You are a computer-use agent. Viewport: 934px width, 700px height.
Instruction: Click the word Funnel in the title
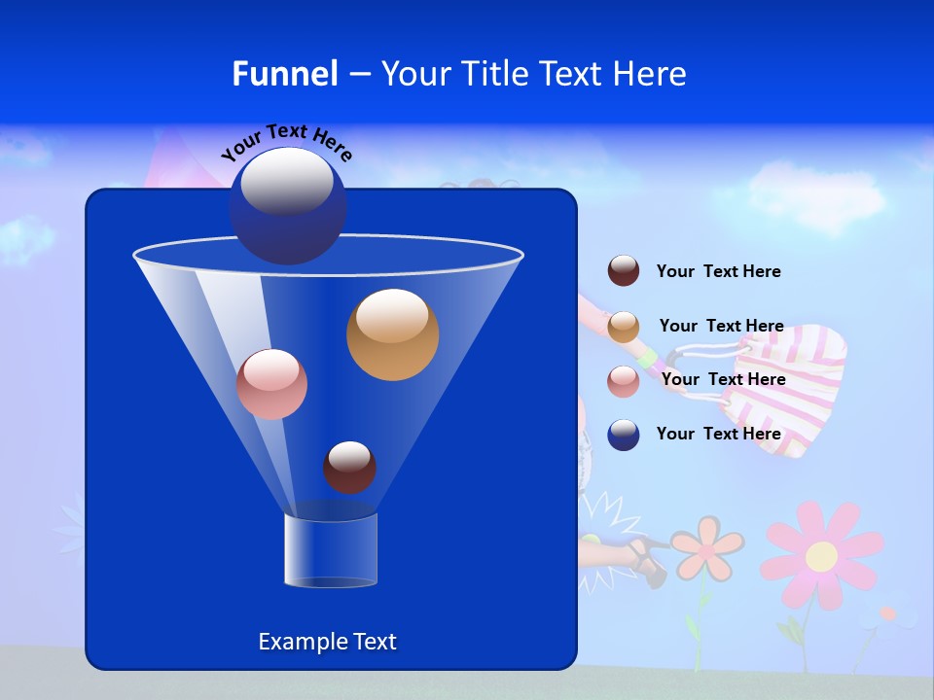pyautogui.click(x=285, y=74)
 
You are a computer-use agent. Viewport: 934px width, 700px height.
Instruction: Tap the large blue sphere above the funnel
pyautogui.click(x=288, y=205)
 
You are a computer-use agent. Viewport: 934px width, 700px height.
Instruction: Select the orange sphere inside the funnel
pyautogui.click(x=392, y=334)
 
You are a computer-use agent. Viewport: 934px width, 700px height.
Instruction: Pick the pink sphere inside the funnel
pyautogui.click(x=271, y=384)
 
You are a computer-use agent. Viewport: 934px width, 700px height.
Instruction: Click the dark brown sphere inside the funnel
pyautogui.click(x=349, y=467)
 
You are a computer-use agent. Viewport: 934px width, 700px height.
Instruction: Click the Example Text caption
pyautogui.click(x=327, y=642)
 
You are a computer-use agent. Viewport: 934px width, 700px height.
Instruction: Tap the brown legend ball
pyautogui.click(x=624, y=271)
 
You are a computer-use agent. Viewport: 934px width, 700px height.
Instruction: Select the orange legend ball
pyautogui.click(x=624, y=327)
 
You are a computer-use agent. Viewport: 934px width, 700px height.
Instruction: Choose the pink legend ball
pyautogui.click(x=624, y=381)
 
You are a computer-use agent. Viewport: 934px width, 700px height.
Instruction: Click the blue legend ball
pyautogui.click(x=624, y=435)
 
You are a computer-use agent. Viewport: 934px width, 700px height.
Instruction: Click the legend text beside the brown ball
pyautogui.click(x=718, y=271)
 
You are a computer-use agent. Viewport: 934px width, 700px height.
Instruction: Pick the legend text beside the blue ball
pyautogui.click(x=718, y=434)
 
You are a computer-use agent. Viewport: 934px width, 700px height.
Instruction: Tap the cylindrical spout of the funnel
pyautogui.click(x=331, y=550)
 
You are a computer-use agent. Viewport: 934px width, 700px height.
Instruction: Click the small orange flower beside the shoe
pyautogui.click(x=707, y=548)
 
